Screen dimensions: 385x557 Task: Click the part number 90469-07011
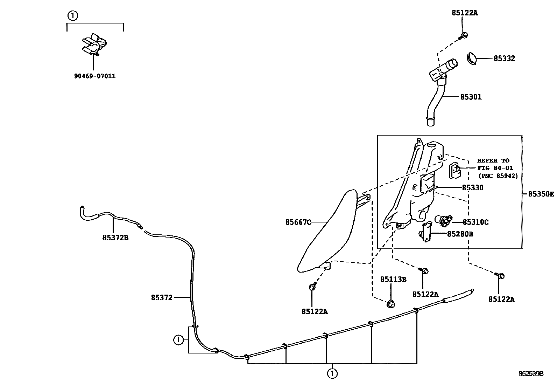coord(94,76)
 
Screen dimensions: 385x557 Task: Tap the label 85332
coord(504,59)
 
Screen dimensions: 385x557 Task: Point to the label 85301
coord(471,97)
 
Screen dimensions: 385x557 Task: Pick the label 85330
coord(472,188)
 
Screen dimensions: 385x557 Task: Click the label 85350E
coord(541,194)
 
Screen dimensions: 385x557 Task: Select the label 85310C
coord(475,222)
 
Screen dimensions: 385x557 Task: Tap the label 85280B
coord(460,234)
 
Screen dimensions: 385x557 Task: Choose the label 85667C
coord(298,222)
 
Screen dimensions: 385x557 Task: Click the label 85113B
coord(393,279)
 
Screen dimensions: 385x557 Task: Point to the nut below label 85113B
coord(390,304)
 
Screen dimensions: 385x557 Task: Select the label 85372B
coord(115,238)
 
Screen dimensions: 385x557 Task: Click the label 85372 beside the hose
coord(162,298)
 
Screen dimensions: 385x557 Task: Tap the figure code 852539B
coord(531,373)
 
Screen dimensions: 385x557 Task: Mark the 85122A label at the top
coord(465,13)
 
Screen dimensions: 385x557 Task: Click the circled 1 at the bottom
coord(332,373)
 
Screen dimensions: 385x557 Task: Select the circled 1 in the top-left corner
coord(72,16)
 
